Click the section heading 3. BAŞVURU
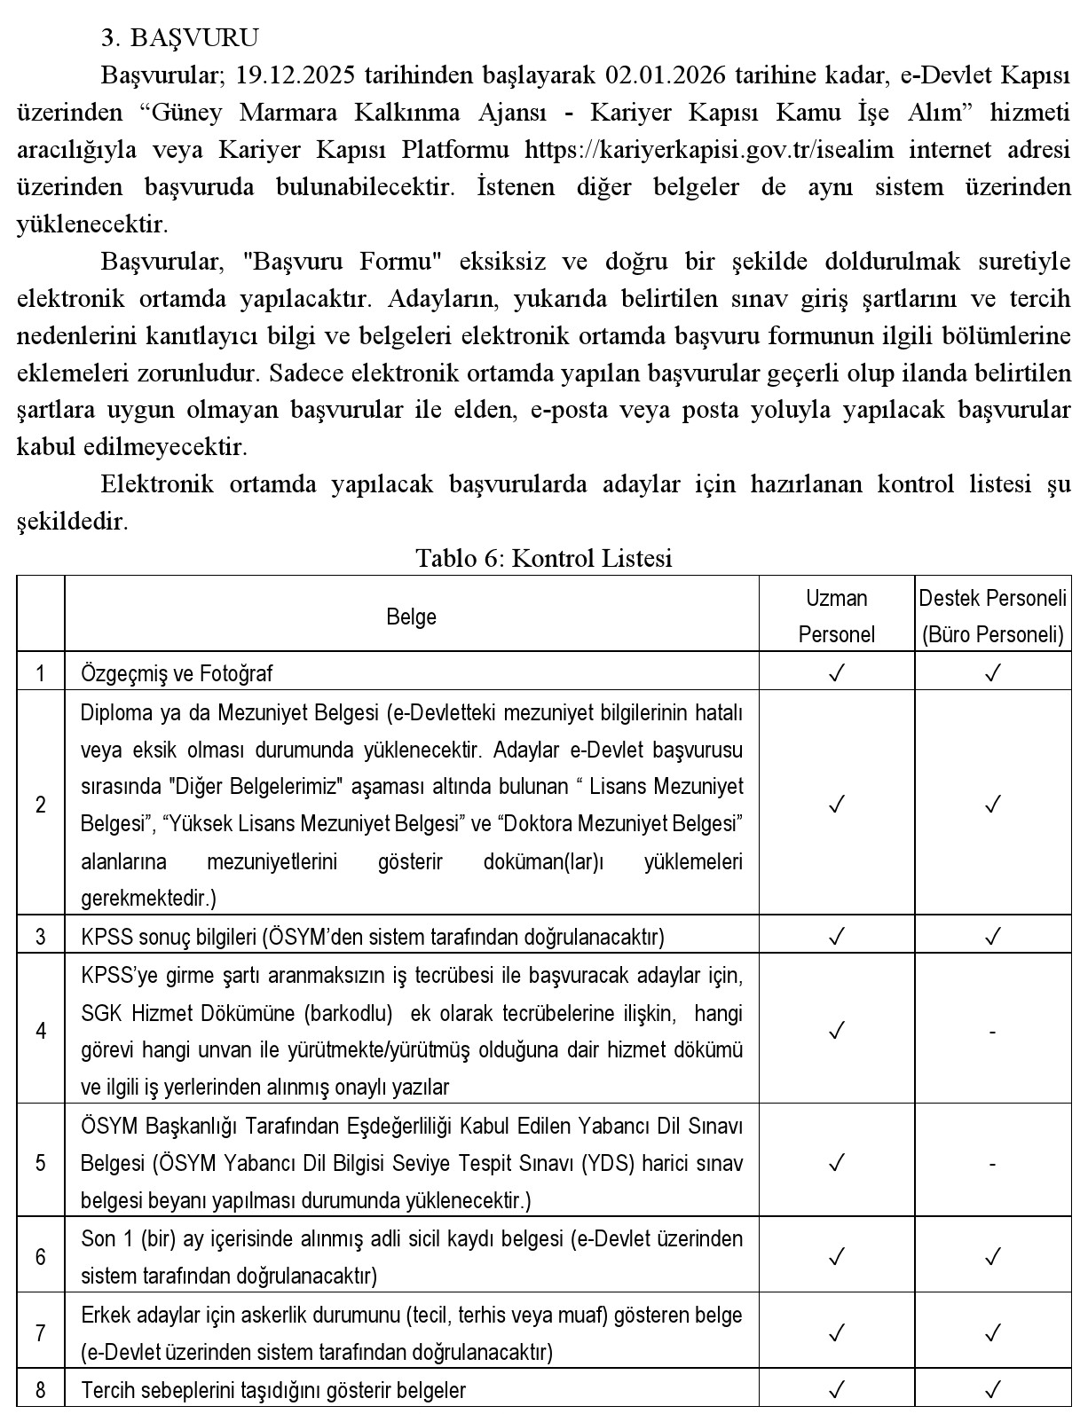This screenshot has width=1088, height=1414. [180, 37]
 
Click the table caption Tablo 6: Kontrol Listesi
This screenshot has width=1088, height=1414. [544, 558]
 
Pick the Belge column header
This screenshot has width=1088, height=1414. [411, 617]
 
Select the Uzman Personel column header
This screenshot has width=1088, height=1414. [836, 616]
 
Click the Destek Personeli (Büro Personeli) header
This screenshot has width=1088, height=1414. [992, 616]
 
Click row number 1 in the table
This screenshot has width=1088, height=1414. [41, 673]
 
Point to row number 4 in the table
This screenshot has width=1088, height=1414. [41, 1031]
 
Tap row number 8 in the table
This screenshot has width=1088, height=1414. [41, 1389]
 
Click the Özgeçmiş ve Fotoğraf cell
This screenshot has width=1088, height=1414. [177, 673]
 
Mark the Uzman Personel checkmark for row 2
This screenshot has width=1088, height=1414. [836, 805]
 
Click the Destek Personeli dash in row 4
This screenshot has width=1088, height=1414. [992, 1031]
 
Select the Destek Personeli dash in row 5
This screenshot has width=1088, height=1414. [992, 1163]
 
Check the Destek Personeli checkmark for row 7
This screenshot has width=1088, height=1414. [992, 1332]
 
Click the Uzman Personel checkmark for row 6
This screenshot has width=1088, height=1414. [836, 1256]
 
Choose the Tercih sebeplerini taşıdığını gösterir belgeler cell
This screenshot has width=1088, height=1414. [273, 1389]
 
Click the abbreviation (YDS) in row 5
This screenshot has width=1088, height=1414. [608, 1163]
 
